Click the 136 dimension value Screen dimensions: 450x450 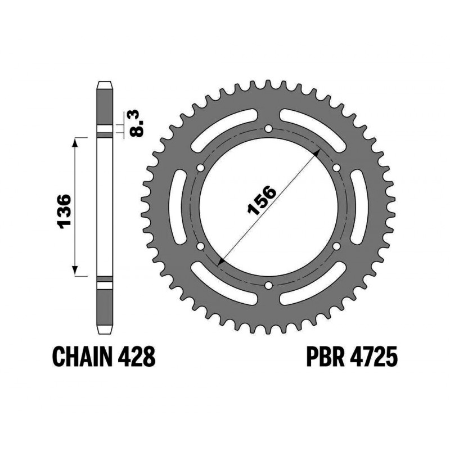(x=64, y=211)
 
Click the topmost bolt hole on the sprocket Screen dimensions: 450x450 (x=269, y=129)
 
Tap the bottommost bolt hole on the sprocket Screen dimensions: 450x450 (x=269, y=285)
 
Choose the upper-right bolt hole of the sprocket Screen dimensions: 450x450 (x=336, y=168)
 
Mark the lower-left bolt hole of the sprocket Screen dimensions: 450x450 (x=201, y=246)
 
